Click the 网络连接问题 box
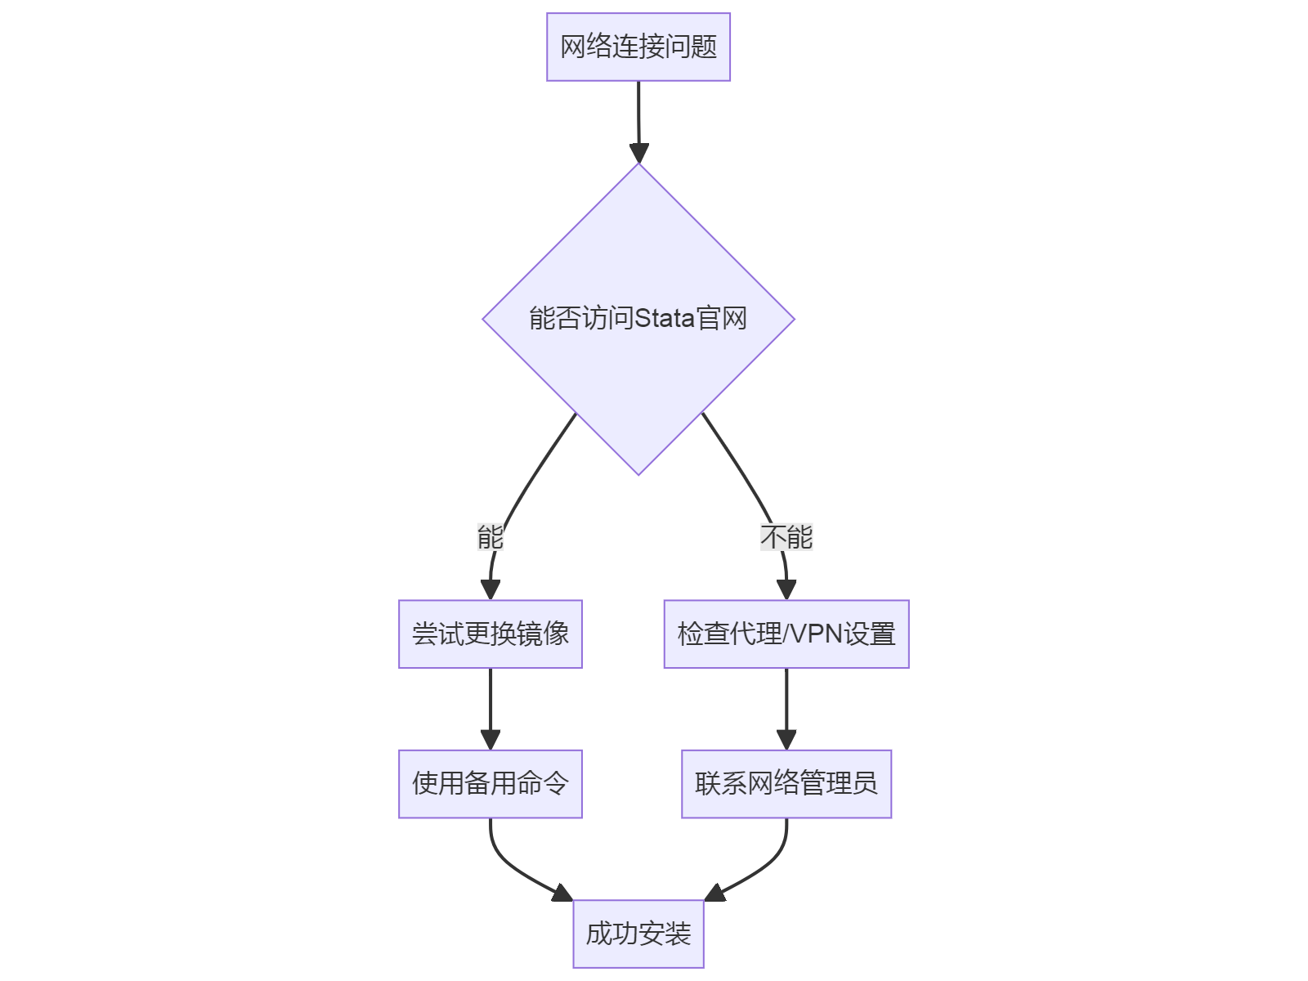(638, 47)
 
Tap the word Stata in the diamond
(665, 318)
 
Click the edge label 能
(490, 537)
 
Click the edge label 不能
(786, 537)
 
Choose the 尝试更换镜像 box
(490, 634)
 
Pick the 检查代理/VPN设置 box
(786, 634)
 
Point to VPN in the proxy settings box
(817, 634)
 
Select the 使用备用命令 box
(490, 784)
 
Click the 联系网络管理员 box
(786, 784)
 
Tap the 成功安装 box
(638, 934)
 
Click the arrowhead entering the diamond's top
(638, 153)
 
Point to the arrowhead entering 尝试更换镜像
(490, 589)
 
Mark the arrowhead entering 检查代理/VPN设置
(786, 589)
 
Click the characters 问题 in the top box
(691, 47)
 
